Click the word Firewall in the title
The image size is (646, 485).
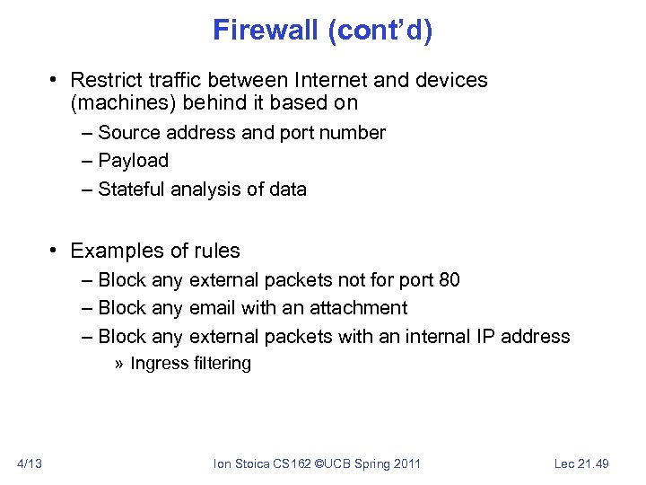266,31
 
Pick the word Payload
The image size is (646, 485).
133,161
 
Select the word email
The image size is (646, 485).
213,308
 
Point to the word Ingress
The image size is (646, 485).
159,364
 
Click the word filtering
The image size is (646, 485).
223,364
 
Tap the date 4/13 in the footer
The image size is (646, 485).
29,463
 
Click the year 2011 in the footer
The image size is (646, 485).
404,463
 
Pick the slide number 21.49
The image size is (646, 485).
593,463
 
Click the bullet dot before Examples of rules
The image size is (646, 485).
55,251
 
